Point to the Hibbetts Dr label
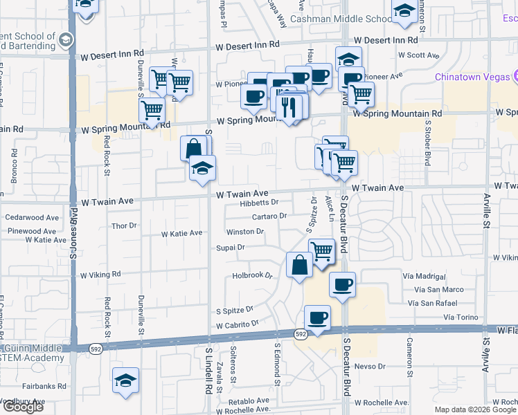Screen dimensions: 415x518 258,203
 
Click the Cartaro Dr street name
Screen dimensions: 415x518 269,216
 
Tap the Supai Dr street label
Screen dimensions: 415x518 231,247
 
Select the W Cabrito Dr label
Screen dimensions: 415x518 237,324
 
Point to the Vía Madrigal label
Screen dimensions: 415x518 422,275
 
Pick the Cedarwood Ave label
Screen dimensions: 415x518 32,217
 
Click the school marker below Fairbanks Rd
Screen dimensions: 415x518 125,380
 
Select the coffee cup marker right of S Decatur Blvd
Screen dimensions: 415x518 342,284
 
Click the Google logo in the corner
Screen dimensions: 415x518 22,407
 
